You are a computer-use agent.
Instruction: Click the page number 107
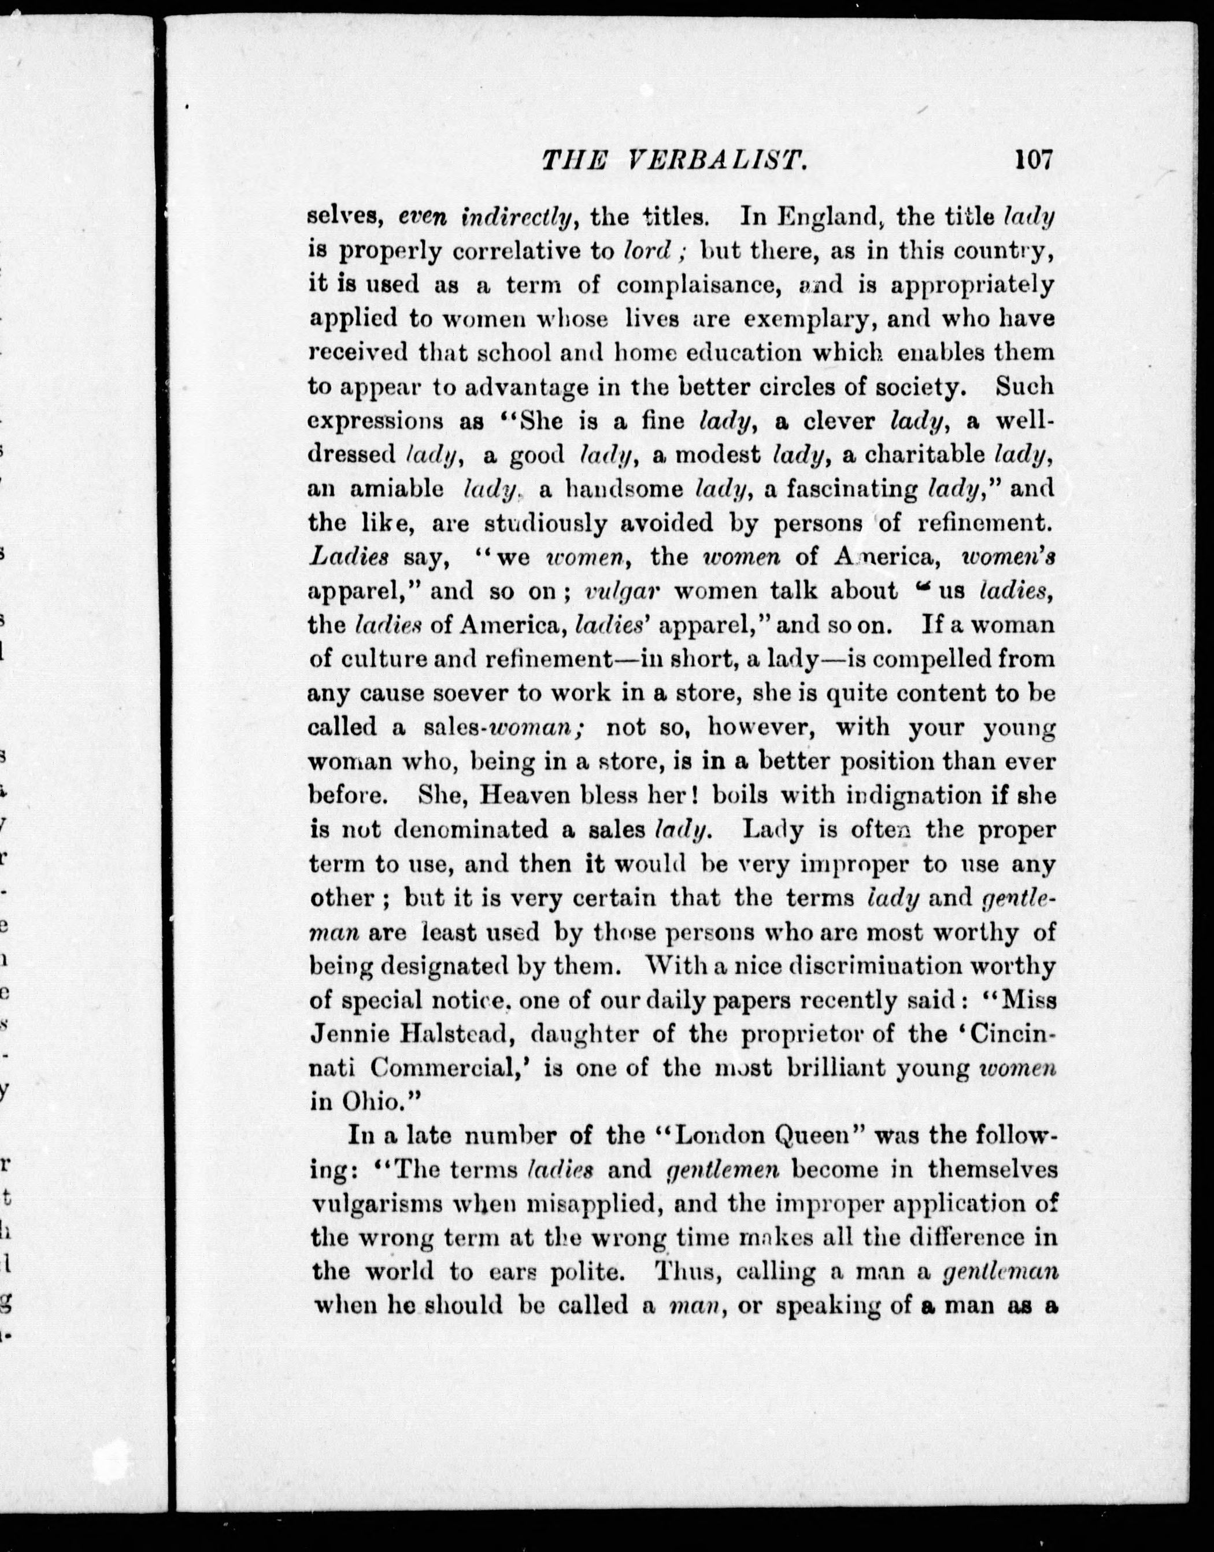click(x=1032, y=160)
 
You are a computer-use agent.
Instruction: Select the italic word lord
click(x=647, y=251)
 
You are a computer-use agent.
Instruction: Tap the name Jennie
click(x=350, y=1034)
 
